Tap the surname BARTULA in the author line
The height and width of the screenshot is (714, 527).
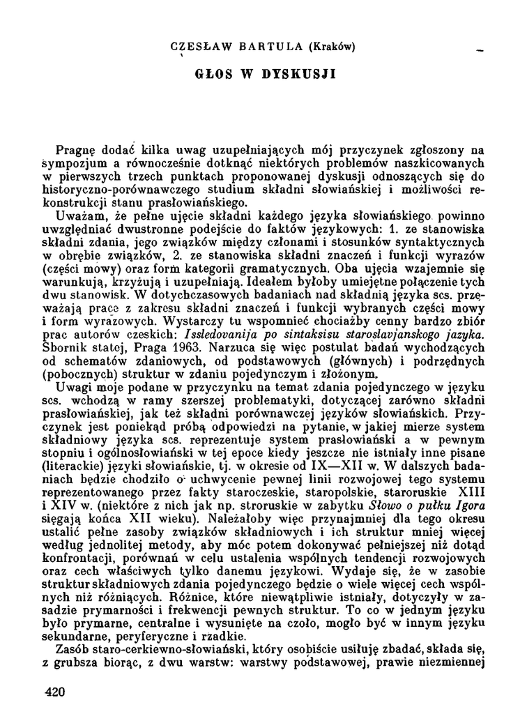260,47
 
